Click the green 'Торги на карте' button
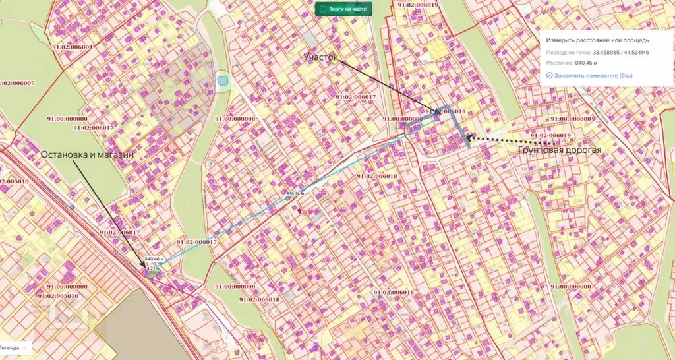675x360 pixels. click(343, 9)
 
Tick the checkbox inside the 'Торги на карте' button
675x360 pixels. click(322, 9)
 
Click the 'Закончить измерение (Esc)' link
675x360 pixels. click(593, 76)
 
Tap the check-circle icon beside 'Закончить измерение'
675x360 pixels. click(549, 76)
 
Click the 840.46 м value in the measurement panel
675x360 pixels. click(586, 63)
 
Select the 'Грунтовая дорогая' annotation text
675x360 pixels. click(559, 150)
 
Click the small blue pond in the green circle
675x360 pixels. click(223, 81)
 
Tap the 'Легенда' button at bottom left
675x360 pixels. click(9, 347)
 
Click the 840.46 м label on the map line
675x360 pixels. click(154, 259)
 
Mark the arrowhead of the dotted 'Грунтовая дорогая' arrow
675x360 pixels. click(469, 138)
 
